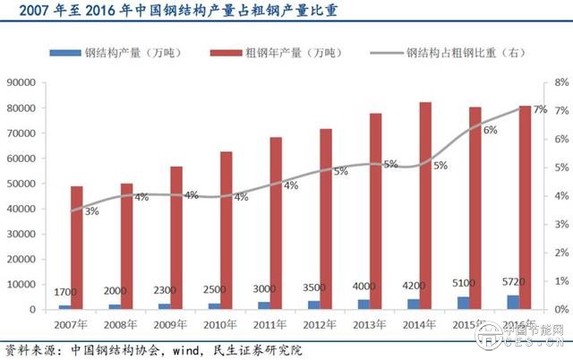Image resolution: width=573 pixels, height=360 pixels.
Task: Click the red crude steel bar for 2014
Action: click(425, 206)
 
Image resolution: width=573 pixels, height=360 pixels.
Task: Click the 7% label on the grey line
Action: click(540, 109)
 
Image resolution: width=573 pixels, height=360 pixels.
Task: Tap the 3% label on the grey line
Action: click(92, 212)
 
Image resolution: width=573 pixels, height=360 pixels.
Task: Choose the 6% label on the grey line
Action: click(491, 131)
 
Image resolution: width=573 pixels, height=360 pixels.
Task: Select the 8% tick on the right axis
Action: click(561, 82)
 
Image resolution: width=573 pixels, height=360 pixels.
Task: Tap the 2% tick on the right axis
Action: click(561, 253)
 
